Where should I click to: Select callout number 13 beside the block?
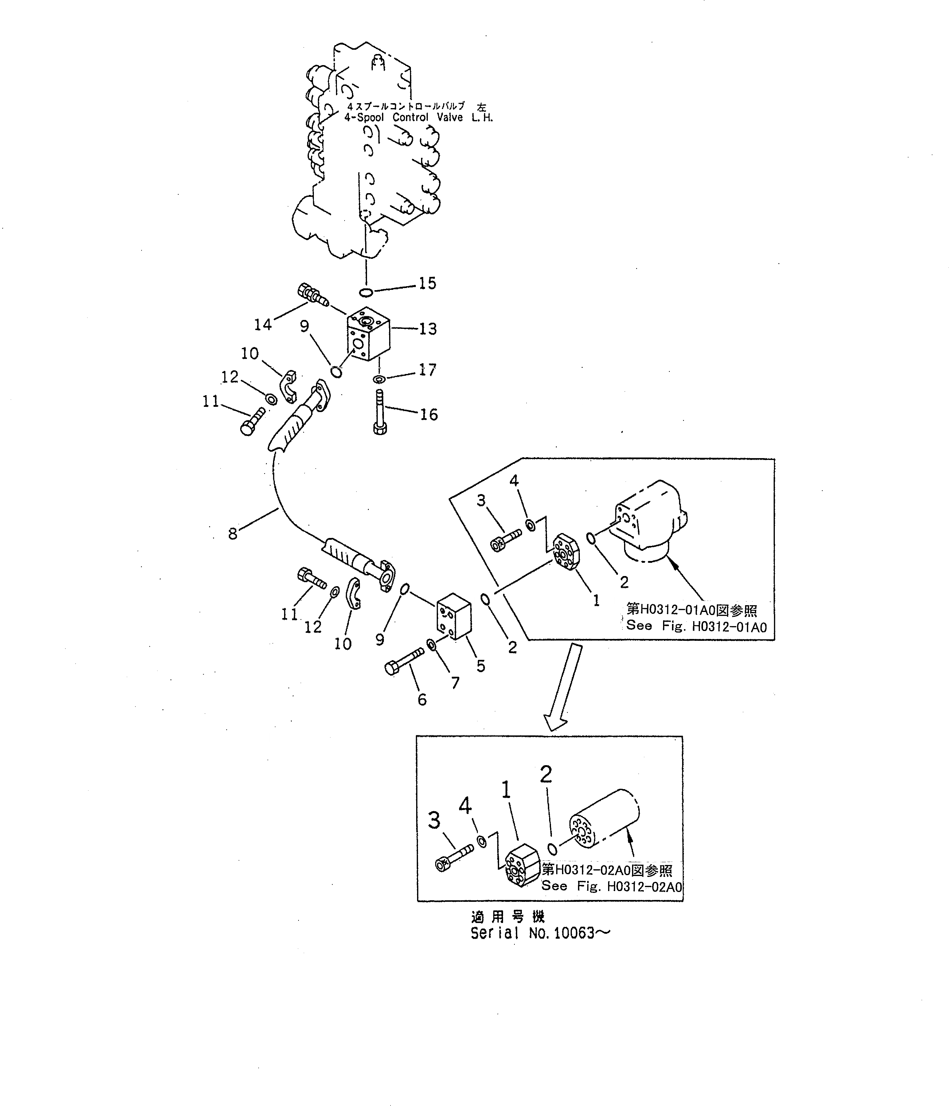click(x=428, y=329)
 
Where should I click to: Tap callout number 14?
click(x=263, y=324)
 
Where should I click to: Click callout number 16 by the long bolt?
click(x=428, y=414)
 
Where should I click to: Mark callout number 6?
click(x=422, y=699)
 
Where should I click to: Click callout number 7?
click(x=455, y=682)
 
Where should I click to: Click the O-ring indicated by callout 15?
click(x=366, y=292)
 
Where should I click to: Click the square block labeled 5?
click(x=453, y=615)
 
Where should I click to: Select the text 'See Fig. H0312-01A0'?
click(x=696, y=626)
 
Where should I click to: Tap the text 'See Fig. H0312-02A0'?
click(x=611, y=887)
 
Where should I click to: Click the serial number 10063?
click(x=574, y=933)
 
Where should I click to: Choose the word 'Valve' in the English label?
click(x=449, y=117)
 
